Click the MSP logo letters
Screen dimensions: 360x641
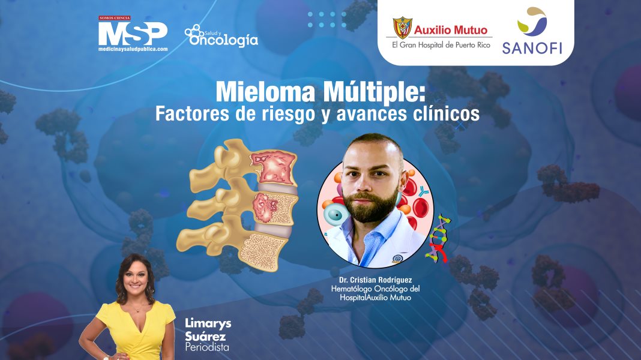[x=133, y=32]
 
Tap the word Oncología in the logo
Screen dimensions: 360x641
[x=223, y=40]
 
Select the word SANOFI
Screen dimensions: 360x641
[x=532, y=47]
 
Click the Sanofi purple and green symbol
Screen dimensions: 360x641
[x=532, y=21]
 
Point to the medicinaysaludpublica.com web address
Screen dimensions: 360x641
[x=133, y=49]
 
